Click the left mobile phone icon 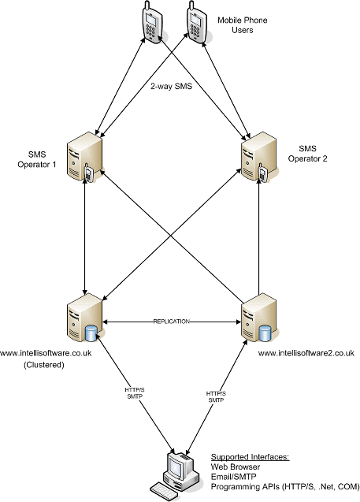pos(150,23)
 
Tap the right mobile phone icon pos(195,23)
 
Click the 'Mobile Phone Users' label pos(243,25)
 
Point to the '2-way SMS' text pos(172,87)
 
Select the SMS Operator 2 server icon pos(259,157)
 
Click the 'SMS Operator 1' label pos(37,159)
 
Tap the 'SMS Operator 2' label pos(307,154)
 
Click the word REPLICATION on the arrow pos(172,322)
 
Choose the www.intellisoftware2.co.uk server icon pos(259,318)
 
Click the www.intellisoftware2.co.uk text pos(306,353)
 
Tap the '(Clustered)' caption pos(44,365)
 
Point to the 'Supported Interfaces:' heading pos(250,457)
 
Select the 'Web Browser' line pos(236,467)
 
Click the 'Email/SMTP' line pos(234,477)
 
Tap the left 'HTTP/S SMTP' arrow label pos(135,392)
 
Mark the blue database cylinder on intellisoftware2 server pos(265,333)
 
